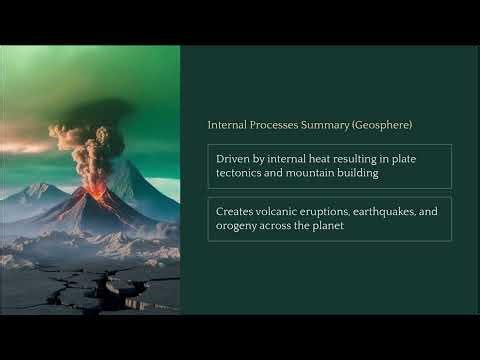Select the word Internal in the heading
pyautogui.click(x=226, y=126)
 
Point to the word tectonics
pyautogui.click(x=243, y=174)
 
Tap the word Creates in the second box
pyautogui.click(x=236, y=211)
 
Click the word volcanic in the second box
pyautogui.click(x=284, y=211)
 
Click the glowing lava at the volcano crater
pyautogui.click(x=97, y=188)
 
